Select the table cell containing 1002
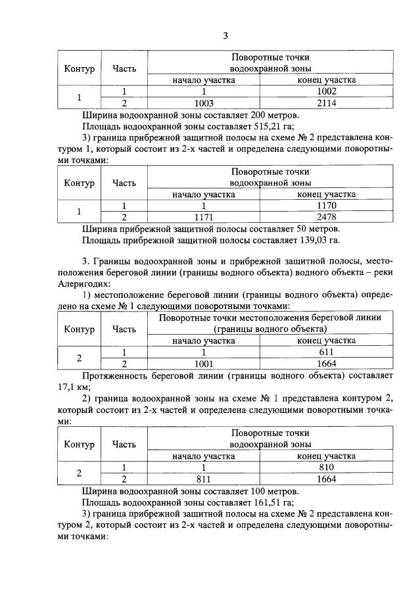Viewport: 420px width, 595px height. pos(327,91)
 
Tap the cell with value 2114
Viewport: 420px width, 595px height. pos(327,103)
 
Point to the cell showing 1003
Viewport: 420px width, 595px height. pos(204,103)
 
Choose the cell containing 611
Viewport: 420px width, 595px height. pos(327,352)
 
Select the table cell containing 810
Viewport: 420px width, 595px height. pos(327,467)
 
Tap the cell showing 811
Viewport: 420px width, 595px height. pos(204,479)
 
